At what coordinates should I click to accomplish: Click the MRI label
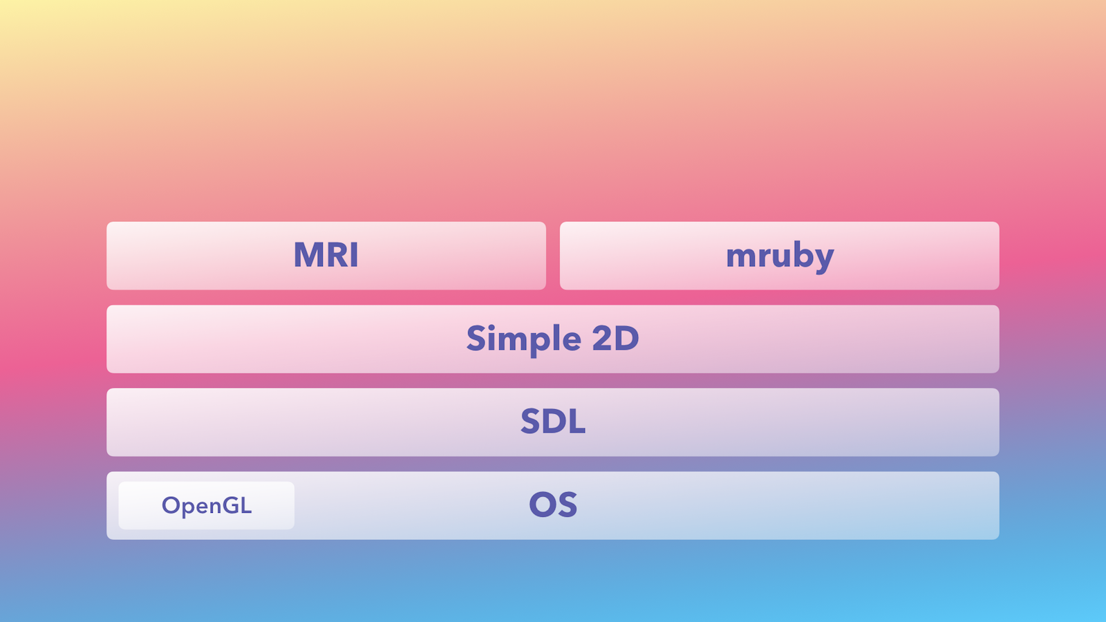pos(326,255)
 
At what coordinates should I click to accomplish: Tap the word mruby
pos(780,256)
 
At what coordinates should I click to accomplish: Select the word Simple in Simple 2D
pos(523,339)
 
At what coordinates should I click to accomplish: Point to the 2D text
pos(615,339)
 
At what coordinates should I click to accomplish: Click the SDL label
pos(553,422)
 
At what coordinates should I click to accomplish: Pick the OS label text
pos(553,505)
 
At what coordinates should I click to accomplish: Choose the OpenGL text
pos(207,506)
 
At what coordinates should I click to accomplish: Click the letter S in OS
pos(568,505)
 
